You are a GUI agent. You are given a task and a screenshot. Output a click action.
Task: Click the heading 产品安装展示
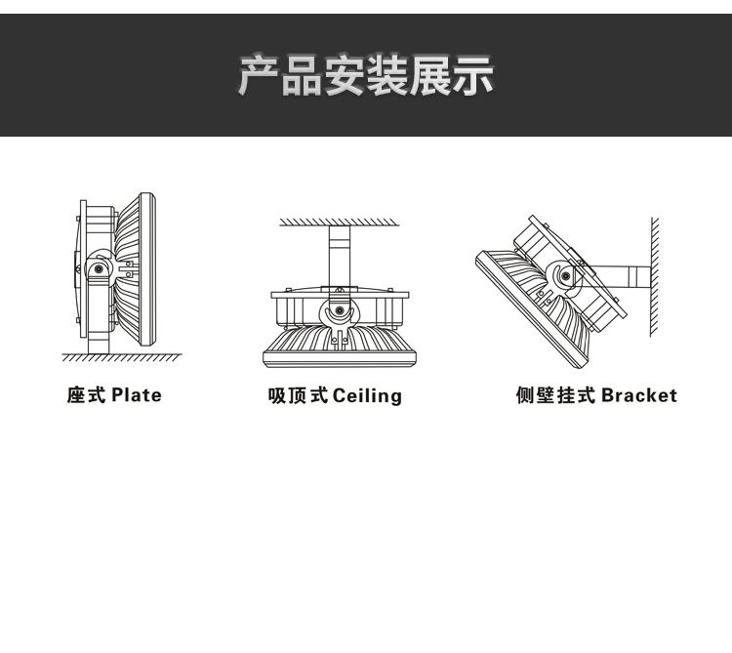pyautogui.click(x=366, y=77)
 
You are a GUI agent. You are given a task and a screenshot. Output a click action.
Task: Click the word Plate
pyautogui.click(x=136, y=395)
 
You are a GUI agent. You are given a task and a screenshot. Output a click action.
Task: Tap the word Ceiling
pyautogui.click(x=367, y=396)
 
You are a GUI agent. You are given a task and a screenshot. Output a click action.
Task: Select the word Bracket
pyautogui.click(x=638, y=395)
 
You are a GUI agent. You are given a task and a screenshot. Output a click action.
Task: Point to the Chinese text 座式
pyautogui.click(x=86, y=395)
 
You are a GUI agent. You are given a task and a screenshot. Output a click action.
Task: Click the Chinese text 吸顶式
pyautogui.click(x=298, y=396)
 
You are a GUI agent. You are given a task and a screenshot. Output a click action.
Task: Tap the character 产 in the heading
pyautogui.click(x=262, y=77)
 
